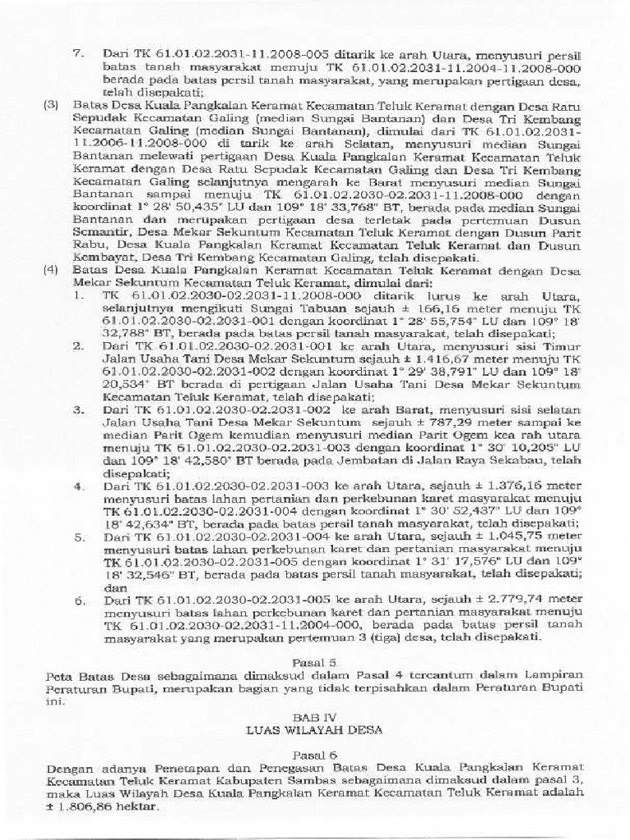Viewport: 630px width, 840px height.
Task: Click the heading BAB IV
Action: pos(315,714)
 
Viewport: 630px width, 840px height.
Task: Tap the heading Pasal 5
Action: pos(315,660)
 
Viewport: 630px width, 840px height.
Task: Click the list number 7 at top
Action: pos(78,53)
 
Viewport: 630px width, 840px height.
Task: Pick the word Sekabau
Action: pos(537,463)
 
